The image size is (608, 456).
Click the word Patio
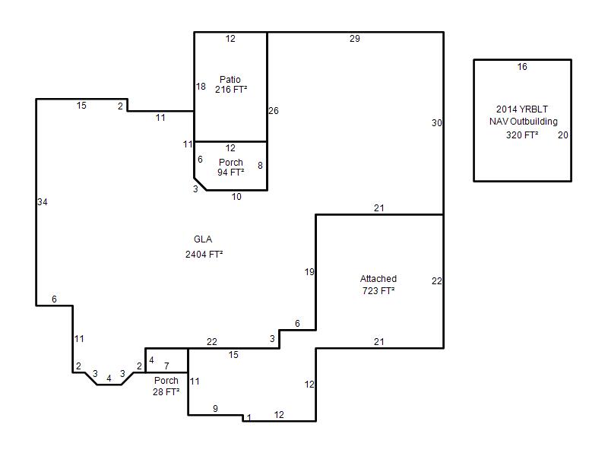(x=230, y=80)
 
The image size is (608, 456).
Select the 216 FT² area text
(x=231, y=90)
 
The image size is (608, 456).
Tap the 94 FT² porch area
(x=231, y=173)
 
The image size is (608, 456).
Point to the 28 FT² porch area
(x=166, y=392)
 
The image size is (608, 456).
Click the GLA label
(x=203, y=239)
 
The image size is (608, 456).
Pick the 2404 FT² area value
(x=204, y=255)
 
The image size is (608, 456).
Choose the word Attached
(x=378, y=279)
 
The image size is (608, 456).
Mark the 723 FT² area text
(x=378, y=291)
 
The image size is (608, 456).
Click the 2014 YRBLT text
(x=522, y=109)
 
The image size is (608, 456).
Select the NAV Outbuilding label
(x=524, y=122)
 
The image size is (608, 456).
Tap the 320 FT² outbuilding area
(x=522, y=135)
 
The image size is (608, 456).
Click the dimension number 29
(x=355, y=39)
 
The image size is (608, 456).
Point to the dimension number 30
(x=436, y=123)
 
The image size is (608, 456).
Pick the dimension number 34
(x=43, y=202)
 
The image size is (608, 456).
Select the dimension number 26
(x=274, y=111)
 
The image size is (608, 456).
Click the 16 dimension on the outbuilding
(x=522, y=67)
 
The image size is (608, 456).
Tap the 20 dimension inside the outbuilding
(x=562, y=135)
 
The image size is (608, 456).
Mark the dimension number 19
(x=309, y=272)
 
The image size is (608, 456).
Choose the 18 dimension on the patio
(x=201, y=87)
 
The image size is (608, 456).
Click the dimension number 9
(x=215, y=408)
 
